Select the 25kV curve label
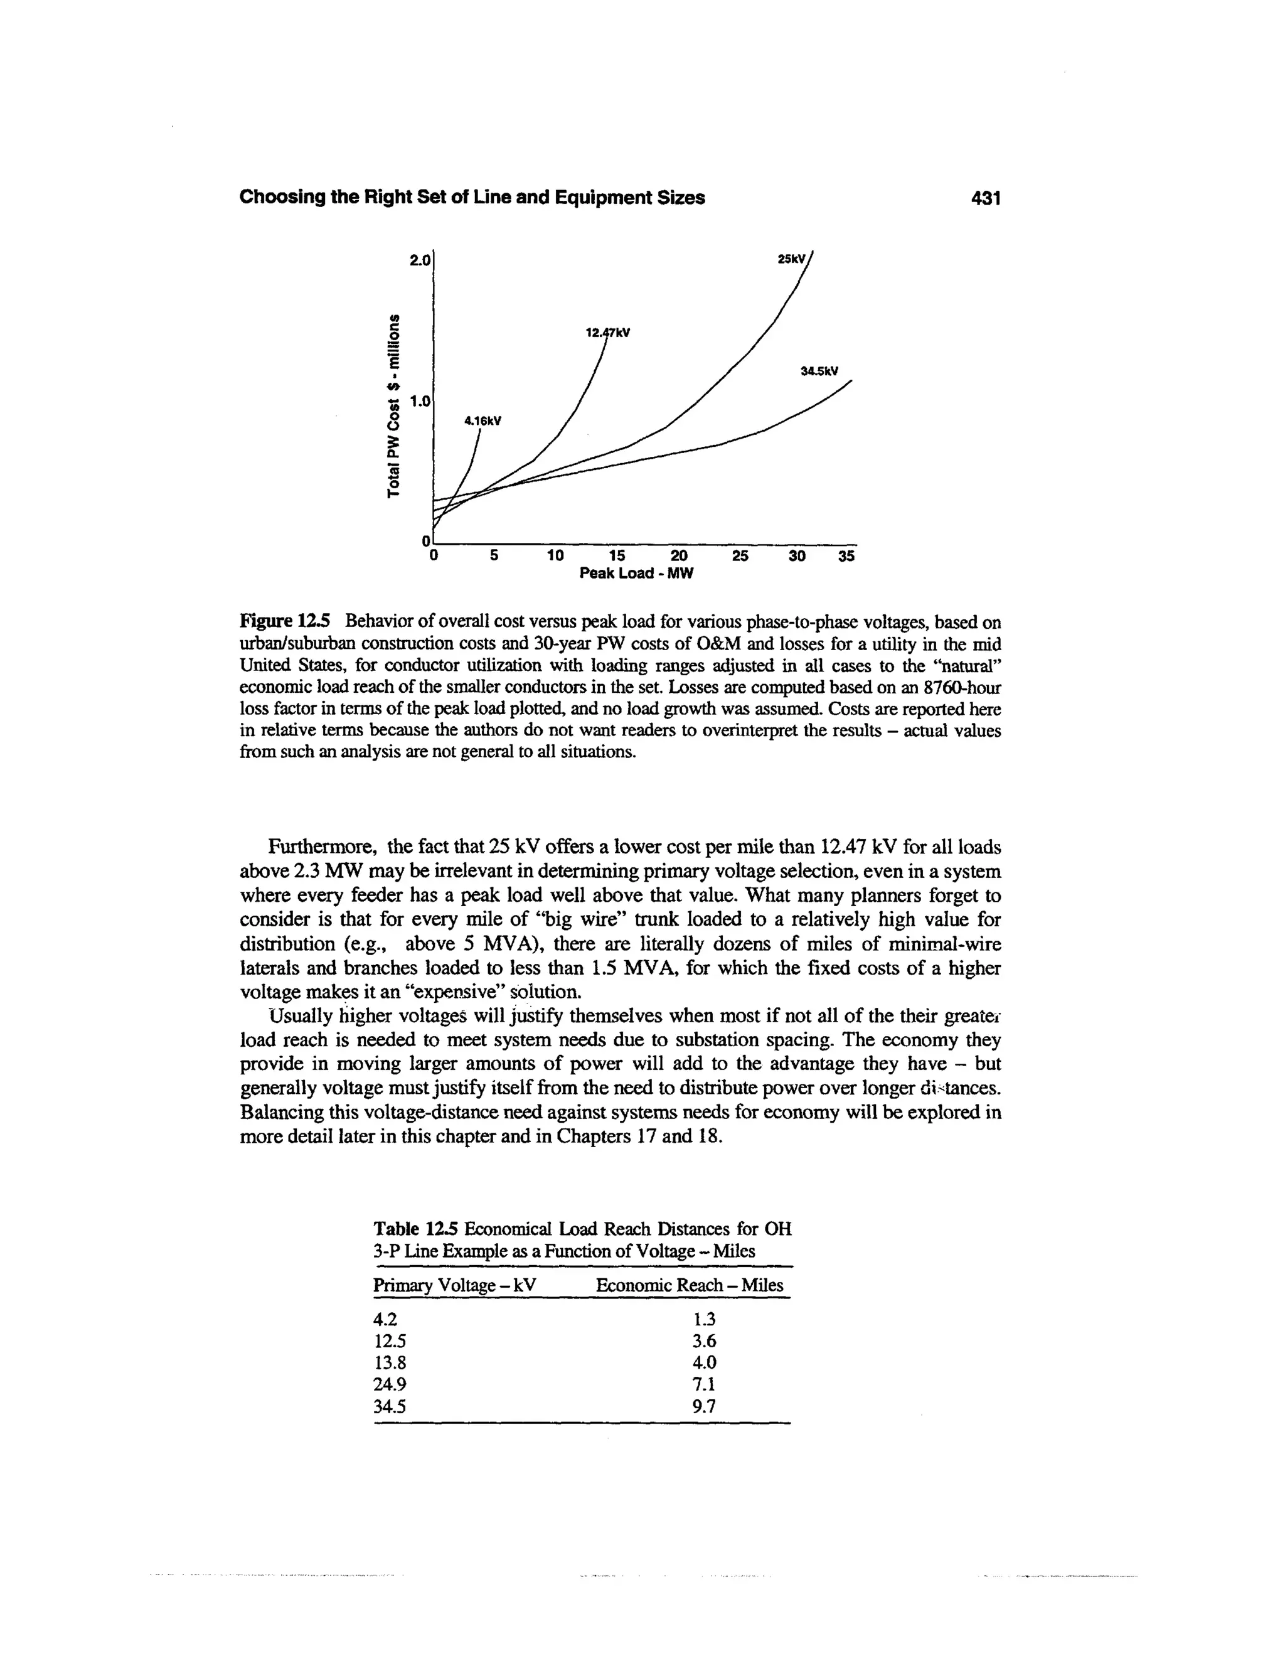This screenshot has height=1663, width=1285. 790,259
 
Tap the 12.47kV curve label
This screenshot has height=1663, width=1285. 607,333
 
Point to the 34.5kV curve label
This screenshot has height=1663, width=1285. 818,372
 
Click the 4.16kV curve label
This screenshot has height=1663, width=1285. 483,420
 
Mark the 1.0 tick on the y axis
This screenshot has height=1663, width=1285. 420,400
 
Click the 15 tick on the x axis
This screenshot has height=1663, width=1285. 617,556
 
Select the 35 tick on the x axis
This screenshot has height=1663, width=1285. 846,556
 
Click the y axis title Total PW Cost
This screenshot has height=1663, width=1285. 393,403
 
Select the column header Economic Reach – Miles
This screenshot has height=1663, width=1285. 689,1285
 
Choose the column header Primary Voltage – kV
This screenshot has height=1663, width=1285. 454,1285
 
